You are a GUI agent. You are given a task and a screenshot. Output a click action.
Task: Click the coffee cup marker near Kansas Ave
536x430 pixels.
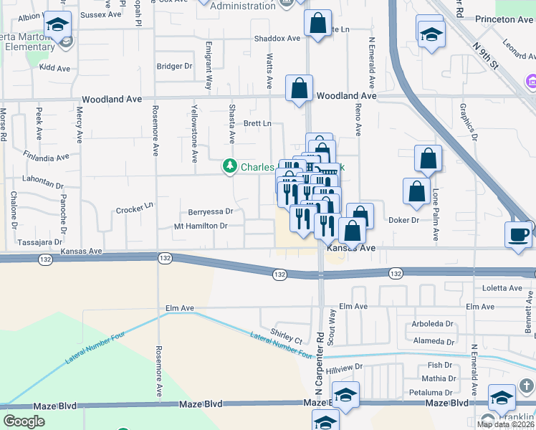click(x=519, y=234)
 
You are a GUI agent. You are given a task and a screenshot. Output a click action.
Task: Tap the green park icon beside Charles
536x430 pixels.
click(x=229, y=167)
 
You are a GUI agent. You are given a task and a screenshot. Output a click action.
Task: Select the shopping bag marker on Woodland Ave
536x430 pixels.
click(x=299, y=90)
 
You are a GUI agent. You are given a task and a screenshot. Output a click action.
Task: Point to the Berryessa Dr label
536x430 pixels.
click(x=211, y=211)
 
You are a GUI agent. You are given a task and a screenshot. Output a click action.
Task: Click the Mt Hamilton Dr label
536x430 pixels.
click(x=201, y=226)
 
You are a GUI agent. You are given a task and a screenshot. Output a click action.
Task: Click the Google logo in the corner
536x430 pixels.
click(x=24, y=421)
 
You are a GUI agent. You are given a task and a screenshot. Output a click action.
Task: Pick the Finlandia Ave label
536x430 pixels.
click(x=45, y=156)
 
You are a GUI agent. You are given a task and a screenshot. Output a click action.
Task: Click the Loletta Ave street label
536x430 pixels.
click(x=502, y=288)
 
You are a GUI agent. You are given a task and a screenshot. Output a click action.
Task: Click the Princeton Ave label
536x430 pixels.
click(x=506, y=19)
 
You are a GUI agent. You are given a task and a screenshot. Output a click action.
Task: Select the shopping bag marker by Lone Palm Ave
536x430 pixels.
click(x=428, y=160)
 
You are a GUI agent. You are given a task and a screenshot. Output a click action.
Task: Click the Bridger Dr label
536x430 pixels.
click(x=175, y=66)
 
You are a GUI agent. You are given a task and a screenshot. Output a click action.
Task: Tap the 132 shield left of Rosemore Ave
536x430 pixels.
click(x=165, y=257)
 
